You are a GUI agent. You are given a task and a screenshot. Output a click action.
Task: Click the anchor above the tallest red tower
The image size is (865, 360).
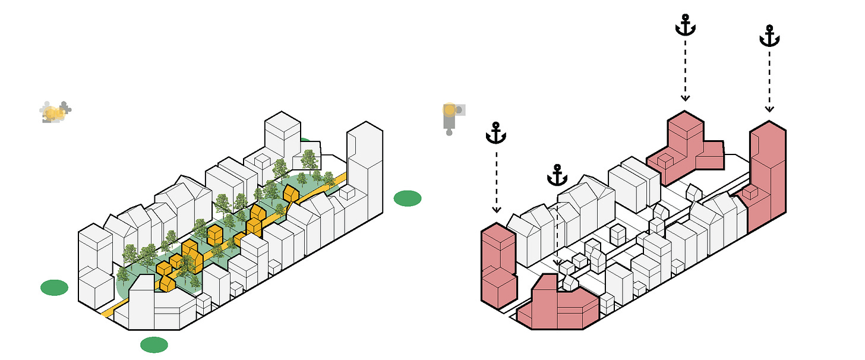coord(769,36)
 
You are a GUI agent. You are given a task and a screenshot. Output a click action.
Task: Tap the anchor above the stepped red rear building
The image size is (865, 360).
coord(685,26)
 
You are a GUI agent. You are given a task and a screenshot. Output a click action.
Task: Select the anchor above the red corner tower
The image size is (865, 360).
coord(496,133)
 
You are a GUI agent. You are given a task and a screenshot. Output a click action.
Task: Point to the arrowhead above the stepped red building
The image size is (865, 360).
coord(685,97)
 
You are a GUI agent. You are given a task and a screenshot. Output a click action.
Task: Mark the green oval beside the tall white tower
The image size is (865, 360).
coord(407,198)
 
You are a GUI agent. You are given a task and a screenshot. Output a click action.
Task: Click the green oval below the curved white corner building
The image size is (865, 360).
coord(154,345)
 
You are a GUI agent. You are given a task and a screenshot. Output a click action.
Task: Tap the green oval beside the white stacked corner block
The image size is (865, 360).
coord(54,288)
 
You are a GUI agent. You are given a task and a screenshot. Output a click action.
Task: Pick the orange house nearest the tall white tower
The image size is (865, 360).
coord(291,193)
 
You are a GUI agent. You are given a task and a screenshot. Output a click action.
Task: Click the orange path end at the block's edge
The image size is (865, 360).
coord(106,312)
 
